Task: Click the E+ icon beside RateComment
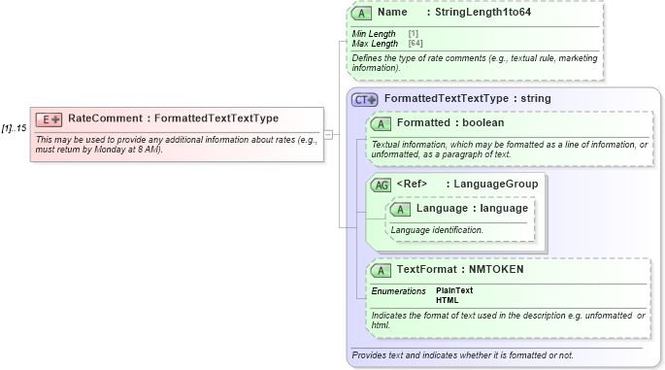click(x=49, y=119)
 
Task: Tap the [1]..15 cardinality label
click(x=14, y=127)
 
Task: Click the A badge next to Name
click(x=361, y=14)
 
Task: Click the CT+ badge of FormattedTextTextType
click(x=365, y=99)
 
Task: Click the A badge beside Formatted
click(x=381, y=123)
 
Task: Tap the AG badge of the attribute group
click(x=381, y=185)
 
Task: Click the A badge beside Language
click(x=400, y=209)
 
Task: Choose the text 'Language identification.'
click(x=437, y=230)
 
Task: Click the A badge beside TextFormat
click(x=381, y=271)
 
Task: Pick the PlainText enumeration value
click(x=454, y=290)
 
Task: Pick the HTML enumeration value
click(x=448, y=300)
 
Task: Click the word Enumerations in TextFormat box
click(x=398, y=291)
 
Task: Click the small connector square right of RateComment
click(x=328, y=134)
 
